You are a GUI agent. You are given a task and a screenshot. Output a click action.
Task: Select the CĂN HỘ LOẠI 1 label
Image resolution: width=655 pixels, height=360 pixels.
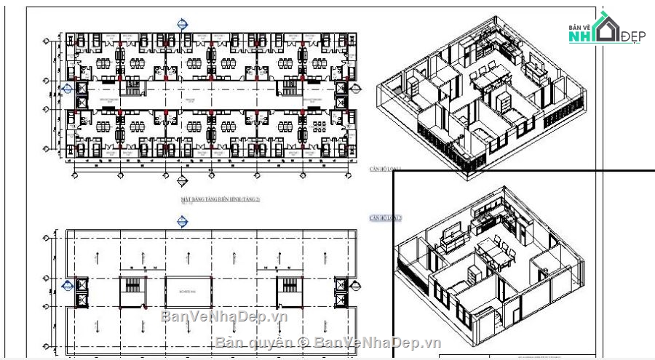pyautogui.click(x=386, y=168)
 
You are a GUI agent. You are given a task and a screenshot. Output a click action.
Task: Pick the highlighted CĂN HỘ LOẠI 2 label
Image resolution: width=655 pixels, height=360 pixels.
pyautogui.click(x=386, y=218)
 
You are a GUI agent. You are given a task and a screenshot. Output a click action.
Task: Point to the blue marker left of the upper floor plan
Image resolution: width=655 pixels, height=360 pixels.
pyautogui.click(x=67, y=89)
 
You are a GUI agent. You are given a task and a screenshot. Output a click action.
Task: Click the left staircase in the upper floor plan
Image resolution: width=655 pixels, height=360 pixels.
pyautogui.click(x=132, y=89)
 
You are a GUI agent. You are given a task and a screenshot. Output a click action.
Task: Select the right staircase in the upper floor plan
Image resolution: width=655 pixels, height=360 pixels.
pyautogui.click(x=289, y=89)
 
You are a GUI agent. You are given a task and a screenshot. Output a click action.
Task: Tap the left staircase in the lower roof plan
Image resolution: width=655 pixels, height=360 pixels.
pyautogui.click(x=132, y=291)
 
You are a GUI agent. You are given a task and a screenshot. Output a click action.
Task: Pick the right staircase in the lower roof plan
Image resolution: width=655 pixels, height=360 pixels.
pyautogui.click(x=289, y=291)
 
